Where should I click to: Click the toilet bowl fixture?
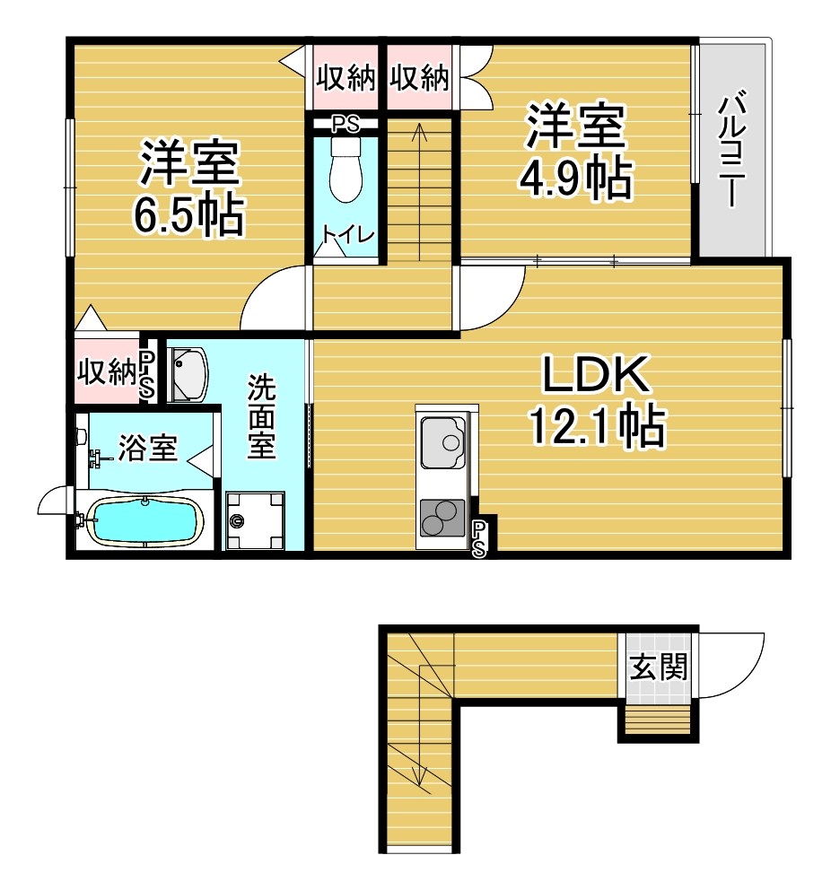coord(346,170)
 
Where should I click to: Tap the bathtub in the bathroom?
coord(145,521)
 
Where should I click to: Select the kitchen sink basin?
coord(443,441)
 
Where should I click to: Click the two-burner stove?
coord(442,519)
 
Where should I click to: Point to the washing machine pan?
coord(255,520)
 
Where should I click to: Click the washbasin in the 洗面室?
coord(188,374)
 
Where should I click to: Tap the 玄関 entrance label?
coord(659,667)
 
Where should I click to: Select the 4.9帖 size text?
coord(575,179)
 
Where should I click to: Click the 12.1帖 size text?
coord(597,425)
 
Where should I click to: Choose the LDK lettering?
coord(596,374)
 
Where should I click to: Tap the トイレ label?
coord(347,234)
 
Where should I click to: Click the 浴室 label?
coord(147,448)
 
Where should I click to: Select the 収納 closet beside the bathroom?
coord(108,371)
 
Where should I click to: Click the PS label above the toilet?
coord(346,125)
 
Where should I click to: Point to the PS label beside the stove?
coord(479,539)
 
